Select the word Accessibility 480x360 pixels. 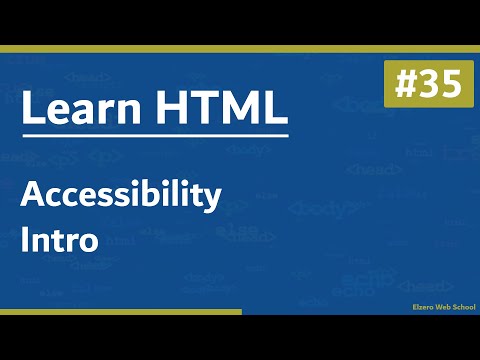[120, 197]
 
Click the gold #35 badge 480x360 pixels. [423, 85]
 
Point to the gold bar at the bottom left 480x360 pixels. [120, 312]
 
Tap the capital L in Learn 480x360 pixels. [30, 109]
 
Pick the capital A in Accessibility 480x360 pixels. [33, 197]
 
